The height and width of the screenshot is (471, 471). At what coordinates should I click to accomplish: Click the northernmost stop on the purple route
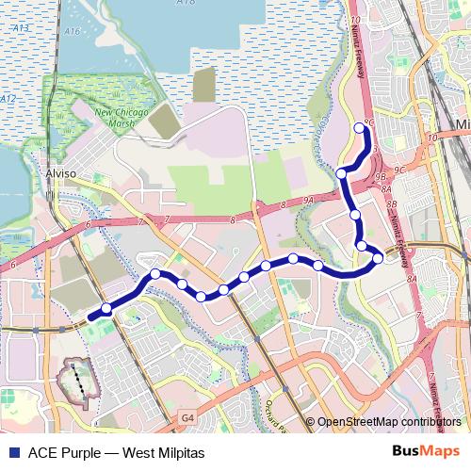pos(358,128)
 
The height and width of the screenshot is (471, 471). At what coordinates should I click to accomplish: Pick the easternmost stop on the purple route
pos(379,257)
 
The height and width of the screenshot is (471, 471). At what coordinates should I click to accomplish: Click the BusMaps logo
pos(426,451)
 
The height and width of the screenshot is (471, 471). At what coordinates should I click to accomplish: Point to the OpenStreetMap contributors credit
pos(389,421)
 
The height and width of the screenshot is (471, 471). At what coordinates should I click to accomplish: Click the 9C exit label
pos(400,170)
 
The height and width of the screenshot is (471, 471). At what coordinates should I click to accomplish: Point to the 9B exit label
pos(381,176)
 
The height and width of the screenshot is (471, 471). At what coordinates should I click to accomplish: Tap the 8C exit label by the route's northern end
pos(369,122)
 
